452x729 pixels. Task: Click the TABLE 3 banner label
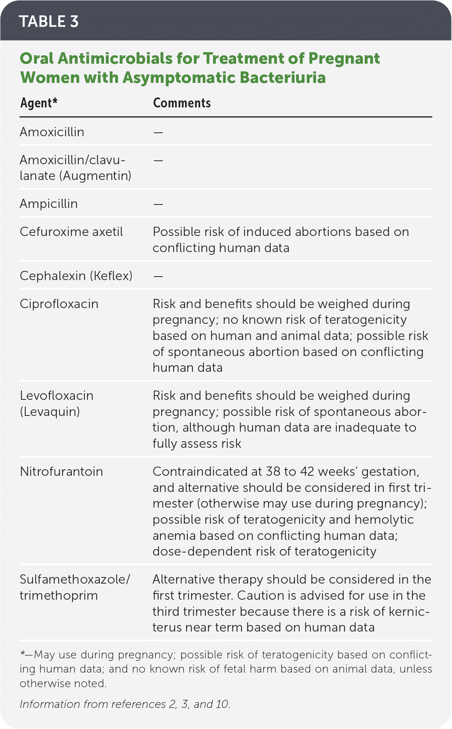point(49,21)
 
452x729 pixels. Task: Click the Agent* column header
point(39,103)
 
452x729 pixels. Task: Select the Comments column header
point(182,103)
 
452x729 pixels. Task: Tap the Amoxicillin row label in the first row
point(52,132)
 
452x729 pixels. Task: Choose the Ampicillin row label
point(49,204)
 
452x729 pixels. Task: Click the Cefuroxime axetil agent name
point(71,232)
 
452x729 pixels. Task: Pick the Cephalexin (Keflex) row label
point(76,276)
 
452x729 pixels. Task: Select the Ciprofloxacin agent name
point(59,304)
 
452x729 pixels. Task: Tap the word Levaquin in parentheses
point(50,412)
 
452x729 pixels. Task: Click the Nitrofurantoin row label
point(61,472)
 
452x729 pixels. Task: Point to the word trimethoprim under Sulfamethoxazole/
point(59,595)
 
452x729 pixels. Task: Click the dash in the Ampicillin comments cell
point(158,204)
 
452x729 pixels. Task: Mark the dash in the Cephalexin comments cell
point(158,276)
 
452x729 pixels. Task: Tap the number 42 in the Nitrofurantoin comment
point(307,472)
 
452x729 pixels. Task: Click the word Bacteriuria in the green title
point(282,78)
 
